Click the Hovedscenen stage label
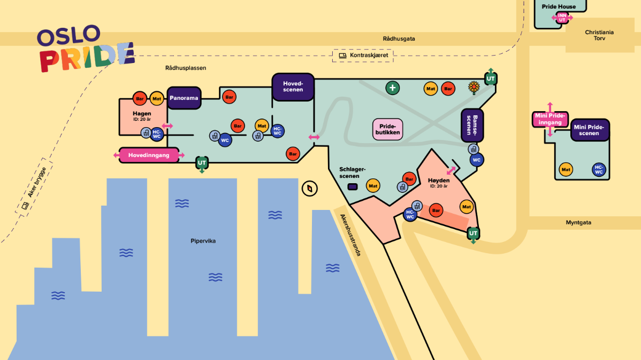[x=293, y=87]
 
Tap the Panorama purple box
[x=184, y=98]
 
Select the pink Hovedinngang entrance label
[x=149, y=155]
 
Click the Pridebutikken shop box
[x=387, y=129]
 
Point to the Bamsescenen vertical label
[x=472, y=126]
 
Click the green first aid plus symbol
[x=392, y=88]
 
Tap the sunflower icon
[x=474, y=88]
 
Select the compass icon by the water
[x=309, y=189]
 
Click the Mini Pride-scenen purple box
[x=589, y=130]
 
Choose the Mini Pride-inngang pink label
[x=550, y=119]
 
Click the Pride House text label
[x=559, y=6]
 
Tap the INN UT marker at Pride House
[x=562, y=18]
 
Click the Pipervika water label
[x=203, y=241]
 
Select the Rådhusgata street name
[x=399, y=39]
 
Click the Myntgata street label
[x=578, y=222]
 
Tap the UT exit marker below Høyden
[x=473, y=233]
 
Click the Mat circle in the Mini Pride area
[x=566, y=169]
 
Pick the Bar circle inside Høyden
[x=436, y=210]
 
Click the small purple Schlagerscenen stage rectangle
[x=353, y=186]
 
